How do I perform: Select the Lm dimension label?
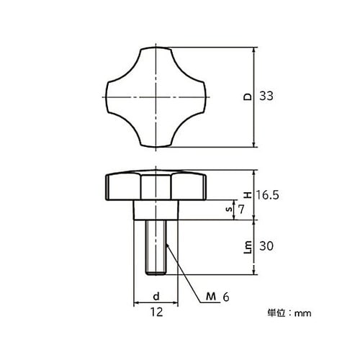coord(246,247)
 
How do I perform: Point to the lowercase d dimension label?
coord(156,296)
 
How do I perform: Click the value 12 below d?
coord(156,312)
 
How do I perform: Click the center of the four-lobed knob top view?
coord(157,96)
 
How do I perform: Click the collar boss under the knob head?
coord(157,210)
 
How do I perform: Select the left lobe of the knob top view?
coord(118,96)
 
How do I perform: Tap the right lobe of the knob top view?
coord(196,96)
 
